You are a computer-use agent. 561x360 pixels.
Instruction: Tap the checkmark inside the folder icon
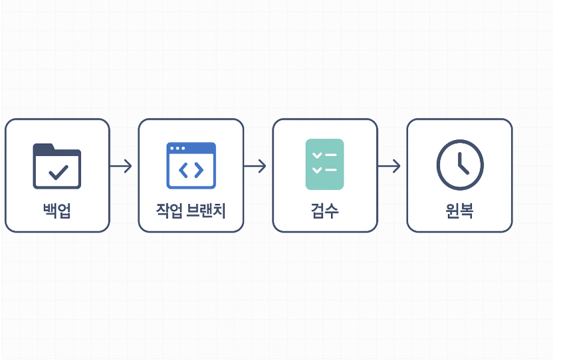[x=58, y=173]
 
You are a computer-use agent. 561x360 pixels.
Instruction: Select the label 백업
[x=57, y=211]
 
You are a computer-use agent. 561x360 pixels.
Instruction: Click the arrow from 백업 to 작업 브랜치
[x=121, y=166]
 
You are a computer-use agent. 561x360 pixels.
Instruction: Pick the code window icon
[x=191, y=165]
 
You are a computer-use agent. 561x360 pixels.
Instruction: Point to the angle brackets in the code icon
[x=191, y=171]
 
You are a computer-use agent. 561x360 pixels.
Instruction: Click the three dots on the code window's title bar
[x=177, y=148]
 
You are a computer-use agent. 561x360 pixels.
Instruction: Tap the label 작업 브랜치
[x=191, y=211]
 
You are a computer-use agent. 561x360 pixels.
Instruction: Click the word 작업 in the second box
[x=169, y=211]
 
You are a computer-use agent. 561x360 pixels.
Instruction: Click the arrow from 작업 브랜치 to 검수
[x=255, y=166]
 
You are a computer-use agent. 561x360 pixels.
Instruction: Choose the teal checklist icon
[x=324, y=164]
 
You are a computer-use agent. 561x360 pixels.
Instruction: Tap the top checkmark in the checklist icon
[x=317, y=155]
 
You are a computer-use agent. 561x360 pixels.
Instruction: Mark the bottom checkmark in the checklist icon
[x=317, y=170]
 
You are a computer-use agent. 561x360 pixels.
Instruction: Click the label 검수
[x=324, y=211]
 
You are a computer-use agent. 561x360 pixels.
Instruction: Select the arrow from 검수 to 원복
[x=390, y=166]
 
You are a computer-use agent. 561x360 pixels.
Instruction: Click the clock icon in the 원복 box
[x=459, y=165]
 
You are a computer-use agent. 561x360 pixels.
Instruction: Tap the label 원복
[x=459, y=211]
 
